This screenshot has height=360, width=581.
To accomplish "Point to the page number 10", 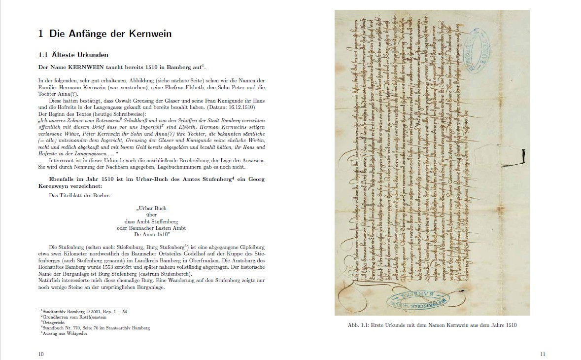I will [41, 354].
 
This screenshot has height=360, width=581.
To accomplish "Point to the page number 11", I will [542, 354].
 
